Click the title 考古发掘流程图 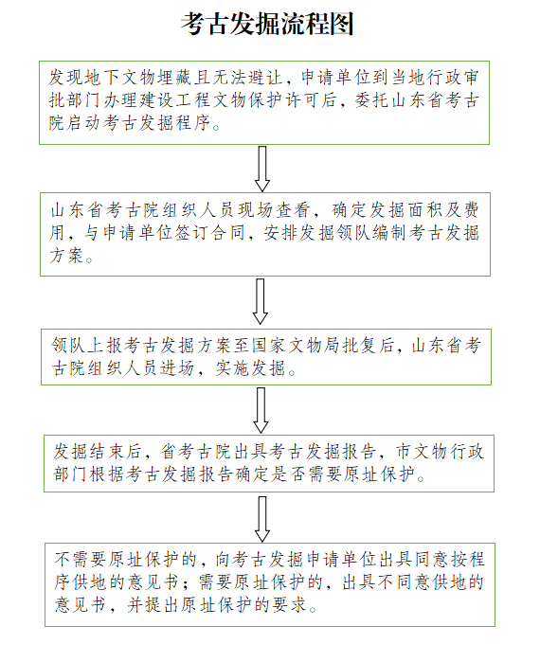267,24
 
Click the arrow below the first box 262,169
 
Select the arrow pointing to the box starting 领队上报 261,301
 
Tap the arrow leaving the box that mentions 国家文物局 261,410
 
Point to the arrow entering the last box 262,519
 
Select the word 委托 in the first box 372,101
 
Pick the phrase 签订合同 209,233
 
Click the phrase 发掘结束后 98,452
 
